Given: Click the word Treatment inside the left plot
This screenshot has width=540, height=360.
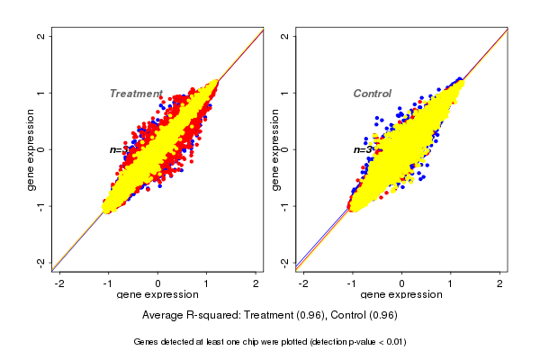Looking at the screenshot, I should point(136,94).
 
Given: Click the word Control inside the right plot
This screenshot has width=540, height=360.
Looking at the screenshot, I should point(372,94).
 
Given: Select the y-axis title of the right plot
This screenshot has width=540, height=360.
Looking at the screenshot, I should point(274,149).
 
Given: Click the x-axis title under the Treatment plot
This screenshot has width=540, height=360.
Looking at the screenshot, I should point(157,295).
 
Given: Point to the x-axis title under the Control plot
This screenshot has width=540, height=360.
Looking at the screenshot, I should point(402,295).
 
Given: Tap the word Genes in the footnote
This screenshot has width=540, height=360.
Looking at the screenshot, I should point(148,342).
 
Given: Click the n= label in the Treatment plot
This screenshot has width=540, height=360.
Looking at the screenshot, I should point(115,149).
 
